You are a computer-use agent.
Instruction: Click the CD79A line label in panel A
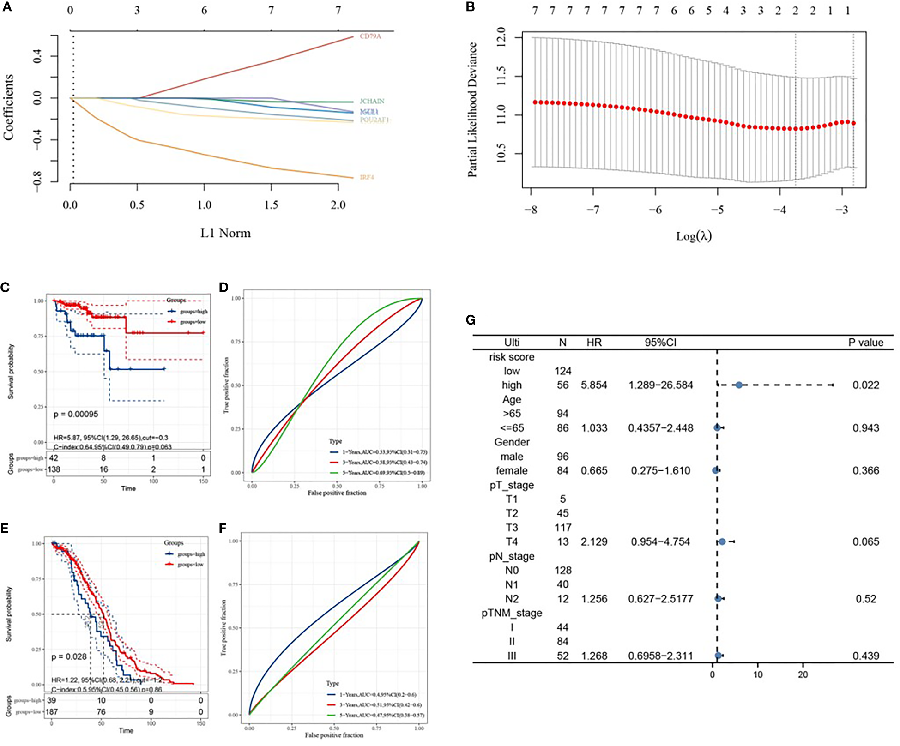coord(370,36)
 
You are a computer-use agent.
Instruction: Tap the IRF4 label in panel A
coord(367,177)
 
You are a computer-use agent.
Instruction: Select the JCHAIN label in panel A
coord(372,101)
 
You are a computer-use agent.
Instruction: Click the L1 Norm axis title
coord(225,233)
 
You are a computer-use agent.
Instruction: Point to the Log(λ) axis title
coord(694,236)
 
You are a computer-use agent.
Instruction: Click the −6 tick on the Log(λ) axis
coord(655,210)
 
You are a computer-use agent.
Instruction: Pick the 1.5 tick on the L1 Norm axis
coord(271,205)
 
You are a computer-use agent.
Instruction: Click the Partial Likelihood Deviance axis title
coord(472,109)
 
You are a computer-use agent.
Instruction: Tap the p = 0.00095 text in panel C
coord(76,414)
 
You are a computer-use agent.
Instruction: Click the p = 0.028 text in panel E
coord(69,656)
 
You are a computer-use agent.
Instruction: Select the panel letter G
coord(471,320)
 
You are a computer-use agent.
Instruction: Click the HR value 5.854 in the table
coord(594,385)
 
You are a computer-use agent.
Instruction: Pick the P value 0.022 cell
coord(865,385)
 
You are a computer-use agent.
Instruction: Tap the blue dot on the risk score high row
coord(738,385)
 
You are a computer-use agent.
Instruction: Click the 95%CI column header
coord(660,343)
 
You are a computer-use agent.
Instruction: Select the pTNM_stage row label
coord(512,613)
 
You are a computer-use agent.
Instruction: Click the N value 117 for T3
coord(562,527)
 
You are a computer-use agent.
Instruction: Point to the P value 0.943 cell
coord(865,428)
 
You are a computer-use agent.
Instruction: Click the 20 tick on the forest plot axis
coord(803,674)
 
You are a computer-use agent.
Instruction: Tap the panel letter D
coord(223,288)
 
